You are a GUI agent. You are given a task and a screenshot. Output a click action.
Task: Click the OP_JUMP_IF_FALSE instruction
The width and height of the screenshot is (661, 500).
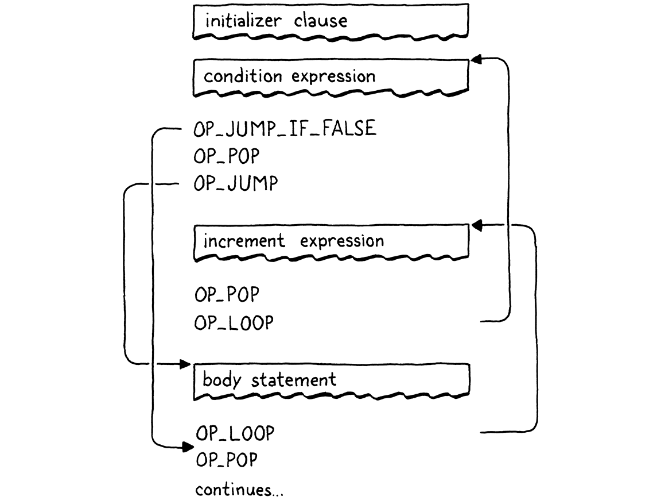click(x=285, y=129)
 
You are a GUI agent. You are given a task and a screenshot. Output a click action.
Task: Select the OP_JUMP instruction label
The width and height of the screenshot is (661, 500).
click(x=236, y=184)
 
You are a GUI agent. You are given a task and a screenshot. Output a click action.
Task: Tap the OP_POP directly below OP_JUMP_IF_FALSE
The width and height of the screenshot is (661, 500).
click(x=227, y=156)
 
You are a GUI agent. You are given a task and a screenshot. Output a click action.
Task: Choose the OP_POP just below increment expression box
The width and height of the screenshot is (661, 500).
click(x=227, y=295)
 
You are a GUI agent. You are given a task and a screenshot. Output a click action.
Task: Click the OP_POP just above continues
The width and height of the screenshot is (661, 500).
click(x=227, y=460)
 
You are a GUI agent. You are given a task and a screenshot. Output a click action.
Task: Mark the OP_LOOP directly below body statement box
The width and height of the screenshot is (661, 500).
click(x=235, y=433)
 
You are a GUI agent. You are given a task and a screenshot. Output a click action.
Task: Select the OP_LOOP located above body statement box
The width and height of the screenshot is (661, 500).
click(x=234, y=323)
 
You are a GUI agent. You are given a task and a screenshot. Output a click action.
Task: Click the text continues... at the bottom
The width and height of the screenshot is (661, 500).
click(x=239, y=490)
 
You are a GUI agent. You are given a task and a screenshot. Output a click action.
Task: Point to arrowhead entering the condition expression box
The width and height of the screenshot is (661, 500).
click(x=476, y=59)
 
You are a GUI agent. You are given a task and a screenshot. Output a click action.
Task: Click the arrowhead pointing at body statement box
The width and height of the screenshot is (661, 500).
click(x=184, y=364)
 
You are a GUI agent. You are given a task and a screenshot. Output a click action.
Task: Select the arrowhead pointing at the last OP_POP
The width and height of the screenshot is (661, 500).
click(x=186, y=447)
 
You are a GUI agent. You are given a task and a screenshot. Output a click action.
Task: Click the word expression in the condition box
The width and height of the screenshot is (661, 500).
click(x=333, y=76)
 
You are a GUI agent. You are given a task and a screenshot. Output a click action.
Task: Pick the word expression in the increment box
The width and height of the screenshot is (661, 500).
click(x=342, y=241)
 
